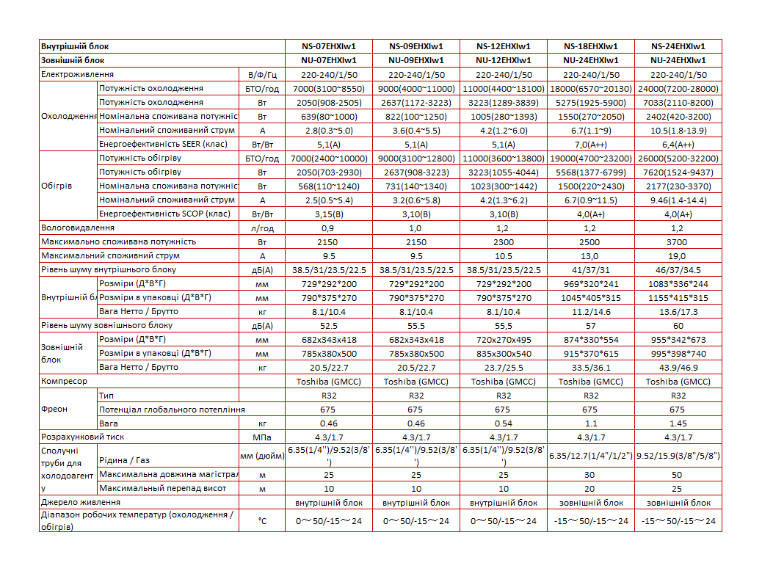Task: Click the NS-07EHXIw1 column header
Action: click(328, 46)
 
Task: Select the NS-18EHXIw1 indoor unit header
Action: click(591, 46)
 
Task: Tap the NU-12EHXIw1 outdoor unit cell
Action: click(503, 60)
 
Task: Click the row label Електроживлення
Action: click(77, 74)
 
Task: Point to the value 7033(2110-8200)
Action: click(678, 102)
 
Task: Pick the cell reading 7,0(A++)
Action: click(591, 145)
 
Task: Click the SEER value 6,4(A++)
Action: click(678, 145)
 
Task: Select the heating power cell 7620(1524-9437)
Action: click(678, 172)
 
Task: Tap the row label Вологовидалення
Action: click(73, 228)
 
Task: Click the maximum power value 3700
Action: click(678, 241)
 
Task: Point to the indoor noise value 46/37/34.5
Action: click(678, 269)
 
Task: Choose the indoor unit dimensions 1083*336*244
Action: click(678, 283)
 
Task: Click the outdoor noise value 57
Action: click(591, 325)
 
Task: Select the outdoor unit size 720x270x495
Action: click(503, 340)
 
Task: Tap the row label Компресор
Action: click(65, 381)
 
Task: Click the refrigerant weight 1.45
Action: click(678, 423)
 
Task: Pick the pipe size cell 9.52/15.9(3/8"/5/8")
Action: click(678, 456)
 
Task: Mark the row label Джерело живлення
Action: click(81, 502)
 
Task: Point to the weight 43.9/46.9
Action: click(678, 367)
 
